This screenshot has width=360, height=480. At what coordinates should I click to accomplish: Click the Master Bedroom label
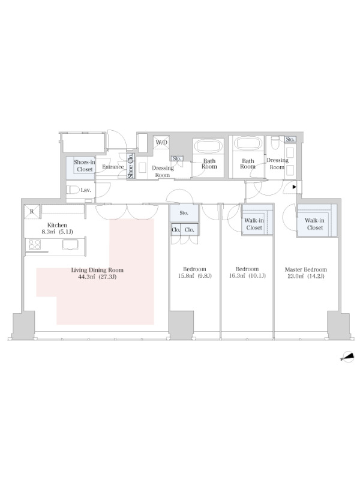point(305,269)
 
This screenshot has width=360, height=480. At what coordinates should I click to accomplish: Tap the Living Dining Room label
point(97,269)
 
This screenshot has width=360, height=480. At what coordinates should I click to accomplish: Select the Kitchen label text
point(57,225)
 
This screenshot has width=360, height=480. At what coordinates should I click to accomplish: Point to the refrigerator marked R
point(32,212)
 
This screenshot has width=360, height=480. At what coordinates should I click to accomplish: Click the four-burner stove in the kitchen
point(35,244)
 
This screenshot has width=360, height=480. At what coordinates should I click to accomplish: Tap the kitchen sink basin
point(70,245)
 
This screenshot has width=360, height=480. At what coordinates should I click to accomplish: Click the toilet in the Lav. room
point(73,190)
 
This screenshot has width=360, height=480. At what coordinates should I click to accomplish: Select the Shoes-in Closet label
point(84,166)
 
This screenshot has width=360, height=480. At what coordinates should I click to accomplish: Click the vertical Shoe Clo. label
point(130,166)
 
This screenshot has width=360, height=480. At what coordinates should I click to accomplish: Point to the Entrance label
point(113,167)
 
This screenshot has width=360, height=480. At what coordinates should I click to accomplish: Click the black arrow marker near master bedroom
point(294,187)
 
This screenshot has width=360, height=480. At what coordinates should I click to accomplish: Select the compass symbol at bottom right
point(348,356)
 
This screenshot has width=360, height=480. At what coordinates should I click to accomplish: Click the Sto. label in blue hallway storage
point(184,213)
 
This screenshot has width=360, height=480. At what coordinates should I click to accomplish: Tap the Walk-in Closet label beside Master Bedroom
point(314,224)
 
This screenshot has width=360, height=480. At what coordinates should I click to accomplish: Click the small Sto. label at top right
point(290,139)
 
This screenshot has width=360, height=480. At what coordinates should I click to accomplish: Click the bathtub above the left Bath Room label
point(208,146)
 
